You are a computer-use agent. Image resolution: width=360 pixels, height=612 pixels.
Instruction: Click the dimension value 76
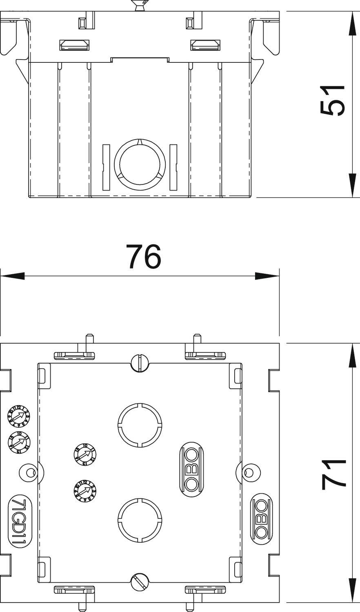[143, 257]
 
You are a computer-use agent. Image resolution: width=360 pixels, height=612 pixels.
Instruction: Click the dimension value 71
[333, 473]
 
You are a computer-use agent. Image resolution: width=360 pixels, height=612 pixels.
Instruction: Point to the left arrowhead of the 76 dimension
[12, 276]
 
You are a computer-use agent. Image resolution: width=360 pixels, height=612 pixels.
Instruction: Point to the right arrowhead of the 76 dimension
[267, 276]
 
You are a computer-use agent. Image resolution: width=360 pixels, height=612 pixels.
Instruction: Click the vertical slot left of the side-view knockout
[106, 167]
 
